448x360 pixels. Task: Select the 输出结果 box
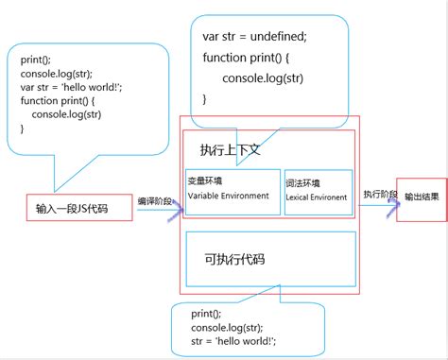tap(421, 197)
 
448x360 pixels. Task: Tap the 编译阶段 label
tap(155, 200)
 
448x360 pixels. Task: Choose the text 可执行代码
tap(233, 259)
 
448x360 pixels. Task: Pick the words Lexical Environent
tap(317, 197)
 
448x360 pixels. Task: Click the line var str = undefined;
tap(254, 37)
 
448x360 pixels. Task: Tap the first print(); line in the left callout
tap(38, 60)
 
